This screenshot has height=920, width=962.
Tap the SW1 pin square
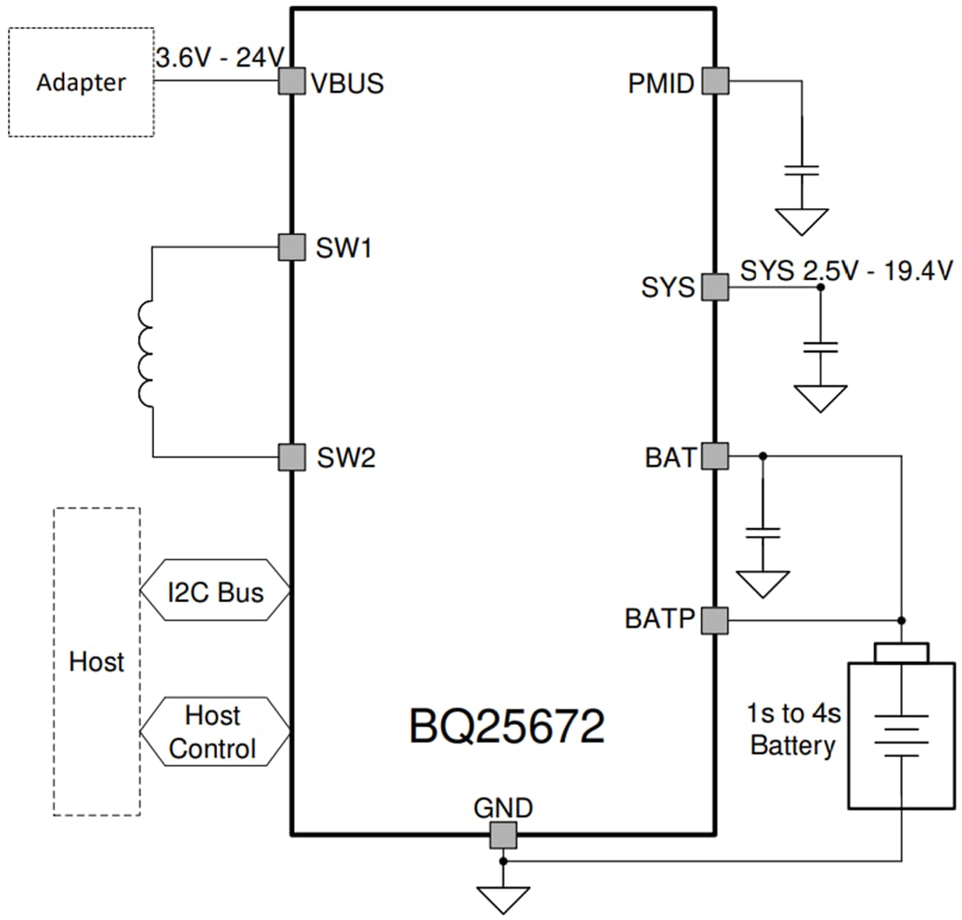coord(291,247)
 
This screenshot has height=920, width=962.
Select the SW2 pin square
coord(291,457)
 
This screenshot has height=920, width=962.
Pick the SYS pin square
coord(715,287)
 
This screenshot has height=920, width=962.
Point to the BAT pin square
coord(715,456)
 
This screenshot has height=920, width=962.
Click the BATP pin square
coord(715,620)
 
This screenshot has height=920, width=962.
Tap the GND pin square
coord(503,835)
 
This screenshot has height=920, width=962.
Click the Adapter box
coord(81,82)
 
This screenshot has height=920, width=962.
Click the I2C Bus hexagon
coord(214,592)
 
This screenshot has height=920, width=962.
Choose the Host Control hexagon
coord(214,732)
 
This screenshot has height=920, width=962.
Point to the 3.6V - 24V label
coord(220,59)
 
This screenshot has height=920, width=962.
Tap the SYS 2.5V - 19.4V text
coord(846,270)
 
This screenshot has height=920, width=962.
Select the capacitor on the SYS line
coord(820,347)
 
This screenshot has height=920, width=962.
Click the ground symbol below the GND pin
coord(503,898)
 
